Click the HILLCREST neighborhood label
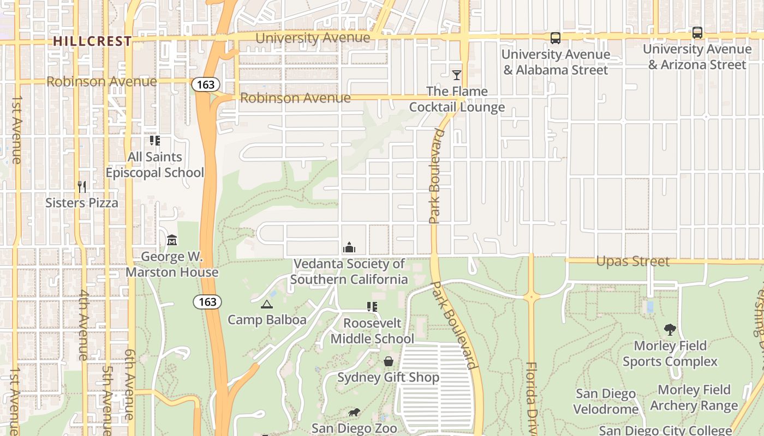[x=92, y=41]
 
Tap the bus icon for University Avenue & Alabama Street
[x=556, y=38]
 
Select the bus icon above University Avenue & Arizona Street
[x=697, y=33]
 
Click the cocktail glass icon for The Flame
[x=457, y=75]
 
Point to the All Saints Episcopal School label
[x=154, y=165]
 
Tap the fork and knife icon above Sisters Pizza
[x=82, y=187]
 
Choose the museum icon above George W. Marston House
[x=172, y=240]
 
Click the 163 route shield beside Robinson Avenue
[x=206, y=84]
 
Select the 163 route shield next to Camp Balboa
[x=207, y=302]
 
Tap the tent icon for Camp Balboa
[x=266, y=304]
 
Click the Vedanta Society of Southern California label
[x=349, y=271]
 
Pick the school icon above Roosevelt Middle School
[x=372, y=307]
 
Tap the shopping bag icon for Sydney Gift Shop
[x=388, y=361]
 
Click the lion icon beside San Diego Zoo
[x=354, y=413]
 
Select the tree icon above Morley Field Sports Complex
[x=670, y=329]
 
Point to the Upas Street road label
[x=632, y=262]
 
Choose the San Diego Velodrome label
[x=606, y=401]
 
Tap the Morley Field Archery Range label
[x=694, y=398]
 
